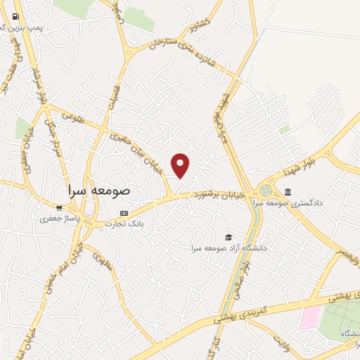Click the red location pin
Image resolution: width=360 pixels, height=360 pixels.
[181, 165]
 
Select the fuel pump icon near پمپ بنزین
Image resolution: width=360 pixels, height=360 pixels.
[15, 15]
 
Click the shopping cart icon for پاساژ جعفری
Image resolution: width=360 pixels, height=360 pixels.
[59, 208]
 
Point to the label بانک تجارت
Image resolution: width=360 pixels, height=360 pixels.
[124, 224]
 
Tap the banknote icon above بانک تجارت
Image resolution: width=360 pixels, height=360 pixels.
[124, 213]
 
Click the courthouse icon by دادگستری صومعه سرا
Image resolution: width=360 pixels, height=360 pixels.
[288, 192]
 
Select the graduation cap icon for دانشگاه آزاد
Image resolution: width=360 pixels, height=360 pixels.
[228, 238]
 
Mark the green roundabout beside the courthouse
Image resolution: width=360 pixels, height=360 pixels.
[265, 191]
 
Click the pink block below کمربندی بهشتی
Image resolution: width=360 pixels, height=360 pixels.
[309, 318]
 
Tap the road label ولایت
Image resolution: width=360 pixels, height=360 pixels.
[281, 344]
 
